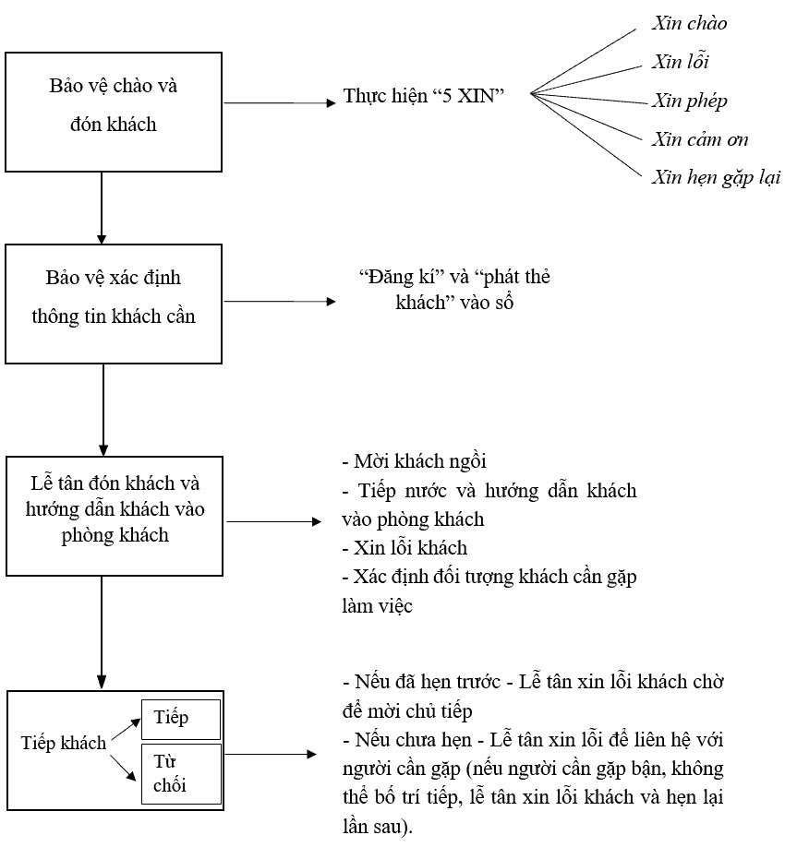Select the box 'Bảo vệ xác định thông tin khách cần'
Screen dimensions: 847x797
(x=114, y=302)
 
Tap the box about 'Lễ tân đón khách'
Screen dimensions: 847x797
(x=114, y=516)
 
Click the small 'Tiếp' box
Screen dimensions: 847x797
(x=181, y=719)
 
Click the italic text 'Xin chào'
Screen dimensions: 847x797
(x=688, y=23)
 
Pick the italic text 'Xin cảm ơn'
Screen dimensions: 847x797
(x=699, y=139)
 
